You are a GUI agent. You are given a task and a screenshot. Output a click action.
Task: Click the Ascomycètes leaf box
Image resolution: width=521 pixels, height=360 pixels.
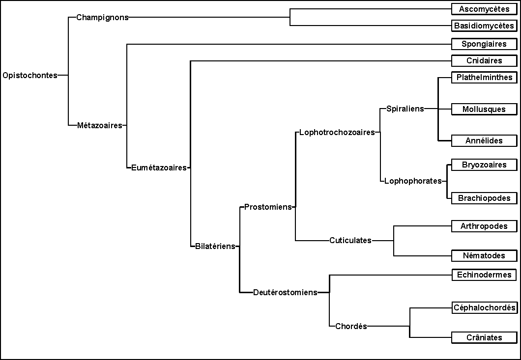pos(484,9)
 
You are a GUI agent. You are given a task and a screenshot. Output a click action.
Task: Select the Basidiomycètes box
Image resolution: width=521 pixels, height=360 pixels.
pos(484,26)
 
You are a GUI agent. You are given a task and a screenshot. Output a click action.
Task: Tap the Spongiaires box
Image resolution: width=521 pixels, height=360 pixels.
pos(484,44)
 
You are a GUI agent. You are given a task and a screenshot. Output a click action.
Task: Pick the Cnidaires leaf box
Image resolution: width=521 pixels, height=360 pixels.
pos(484,61)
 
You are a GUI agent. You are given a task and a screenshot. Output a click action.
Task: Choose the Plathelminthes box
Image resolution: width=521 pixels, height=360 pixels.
pos(484,78)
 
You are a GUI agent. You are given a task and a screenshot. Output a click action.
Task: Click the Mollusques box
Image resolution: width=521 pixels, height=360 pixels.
pos(484,109)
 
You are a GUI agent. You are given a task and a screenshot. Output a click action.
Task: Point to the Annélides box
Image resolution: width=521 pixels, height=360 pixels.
pos(484,141)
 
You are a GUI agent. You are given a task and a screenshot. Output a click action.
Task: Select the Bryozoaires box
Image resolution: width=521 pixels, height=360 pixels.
pos(484,165)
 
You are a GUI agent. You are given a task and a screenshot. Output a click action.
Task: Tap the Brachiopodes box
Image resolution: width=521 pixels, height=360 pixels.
pos(484,198)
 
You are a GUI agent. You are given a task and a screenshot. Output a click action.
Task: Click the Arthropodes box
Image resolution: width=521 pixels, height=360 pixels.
pos(484,226)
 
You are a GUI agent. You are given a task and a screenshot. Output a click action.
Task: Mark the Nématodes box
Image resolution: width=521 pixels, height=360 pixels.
pos(484,256)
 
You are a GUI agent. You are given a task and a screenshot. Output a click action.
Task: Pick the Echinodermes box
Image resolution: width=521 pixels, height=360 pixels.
pos(484,275)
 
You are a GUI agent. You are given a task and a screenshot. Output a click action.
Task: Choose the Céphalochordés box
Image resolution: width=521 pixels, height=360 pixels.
pos(484,308)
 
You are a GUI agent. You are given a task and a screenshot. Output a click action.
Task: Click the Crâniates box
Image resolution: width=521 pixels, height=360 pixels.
pos(484,337)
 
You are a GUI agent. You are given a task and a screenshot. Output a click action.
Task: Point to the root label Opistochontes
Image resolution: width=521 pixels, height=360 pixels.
pos(29,76)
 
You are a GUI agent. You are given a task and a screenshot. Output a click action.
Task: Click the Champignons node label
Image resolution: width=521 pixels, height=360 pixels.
pos(102,17)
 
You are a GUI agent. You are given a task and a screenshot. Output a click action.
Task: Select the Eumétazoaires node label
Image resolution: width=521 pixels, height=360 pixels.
pos(159,167)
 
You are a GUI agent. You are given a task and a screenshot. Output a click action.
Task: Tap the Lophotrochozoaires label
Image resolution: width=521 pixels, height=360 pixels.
pos(337,132)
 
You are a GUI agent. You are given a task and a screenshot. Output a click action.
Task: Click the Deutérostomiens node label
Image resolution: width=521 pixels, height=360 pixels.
pos(285,292)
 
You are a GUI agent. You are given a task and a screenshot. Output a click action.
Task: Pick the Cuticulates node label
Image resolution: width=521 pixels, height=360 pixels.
pos(350,241)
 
